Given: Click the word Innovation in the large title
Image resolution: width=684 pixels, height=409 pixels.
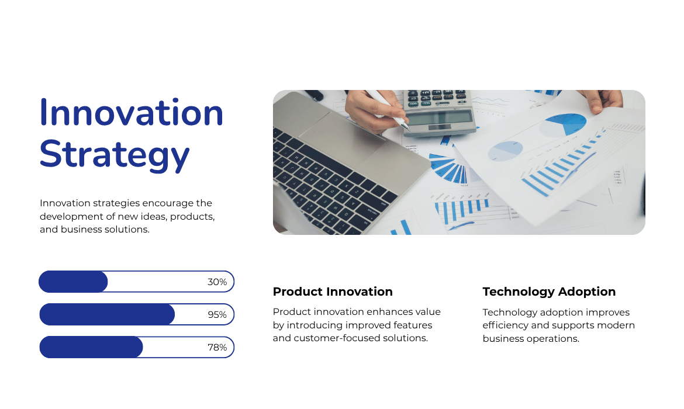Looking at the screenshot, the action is (x=132, y=113).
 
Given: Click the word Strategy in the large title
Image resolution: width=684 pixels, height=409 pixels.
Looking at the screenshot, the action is (x=115, y=155).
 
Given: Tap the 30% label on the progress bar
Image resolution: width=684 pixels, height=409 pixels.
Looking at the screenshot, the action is (x=217, y=282).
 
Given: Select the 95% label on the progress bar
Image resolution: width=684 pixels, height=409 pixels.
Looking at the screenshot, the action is (x=217, y=315).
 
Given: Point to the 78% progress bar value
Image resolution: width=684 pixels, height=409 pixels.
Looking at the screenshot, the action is (x=217, y=348).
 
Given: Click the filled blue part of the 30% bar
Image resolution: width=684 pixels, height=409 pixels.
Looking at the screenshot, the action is (x=73, y=282).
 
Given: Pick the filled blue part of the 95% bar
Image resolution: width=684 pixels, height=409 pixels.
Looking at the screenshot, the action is (x=107, y=314).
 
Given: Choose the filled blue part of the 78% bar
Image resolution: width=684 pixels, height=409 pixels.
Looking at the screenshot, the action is (x=91, y=347).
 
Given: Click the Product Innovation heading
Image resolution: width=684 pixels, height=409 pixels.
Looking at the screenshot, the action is (x=333, y=292).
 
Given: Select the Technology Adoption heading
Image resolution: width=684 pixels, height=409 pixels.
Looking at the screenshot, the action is (x=549, y=292).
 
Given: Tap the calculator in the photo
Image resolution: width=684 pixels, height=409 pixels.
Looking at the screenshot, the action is (x=440, y=113).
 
